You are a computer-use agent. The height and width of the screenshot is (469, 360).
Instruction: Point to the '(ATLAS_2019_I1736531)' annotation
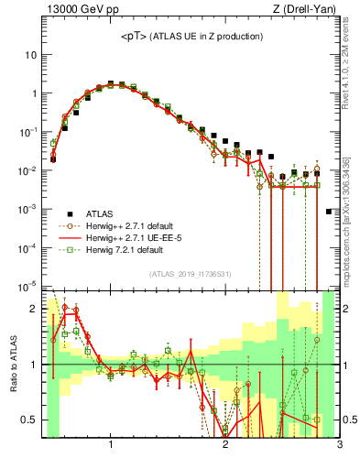(191, 274)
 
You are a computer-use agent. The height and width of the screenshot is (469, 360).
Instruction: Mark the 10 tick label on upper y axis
(31, 55)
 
